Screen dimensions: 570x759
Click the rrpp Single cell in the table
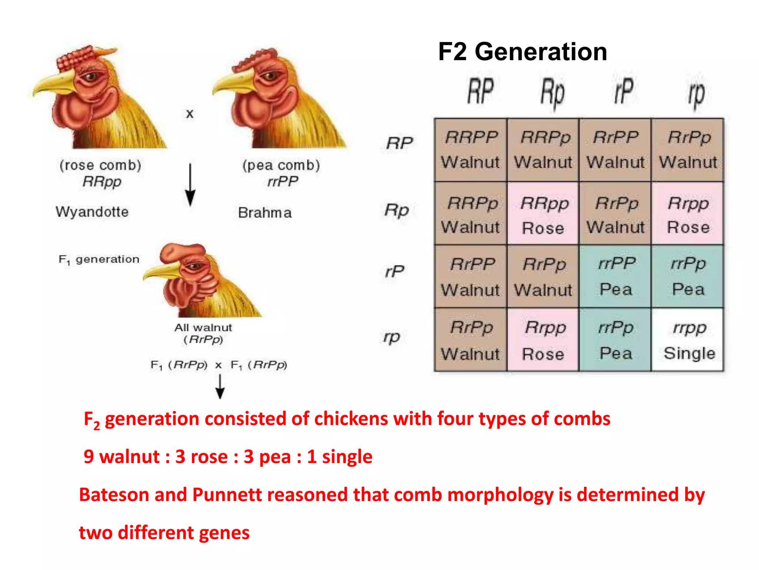pos(688,340)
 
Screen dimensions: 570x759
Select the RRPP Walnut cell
pos(470,150)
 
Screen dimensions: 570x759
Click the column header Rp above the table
pos(552,93)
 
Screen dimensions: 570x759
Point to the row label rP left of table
pos(395,271)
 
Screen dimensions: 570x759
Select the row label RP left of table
pos(400,143)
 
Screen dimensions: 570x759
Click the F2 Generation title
pos(522,52)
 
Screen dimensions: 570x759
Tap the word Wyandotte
pos(92,212)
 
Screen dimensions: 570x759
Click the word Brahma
pos(265,213)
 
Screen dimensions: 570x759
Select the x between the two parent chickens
pos(190,114)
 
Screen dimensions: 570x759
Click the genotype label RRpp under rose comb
pos(102,182)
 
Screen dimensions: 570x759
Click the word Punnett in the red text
pos(226,495)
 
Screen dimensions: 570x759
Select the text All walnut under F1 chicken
pos(203,328)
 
